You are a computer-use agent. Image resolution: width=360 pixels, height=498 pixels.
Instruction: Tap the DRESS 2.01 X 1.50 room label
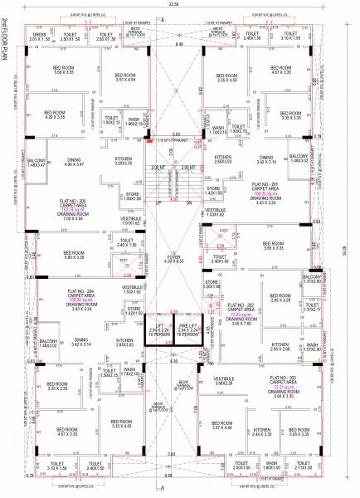click(x=40, y=37)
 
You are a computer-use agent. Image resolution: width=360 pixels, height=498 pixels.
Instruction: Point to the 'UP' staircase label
click(x=158, y=202)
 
